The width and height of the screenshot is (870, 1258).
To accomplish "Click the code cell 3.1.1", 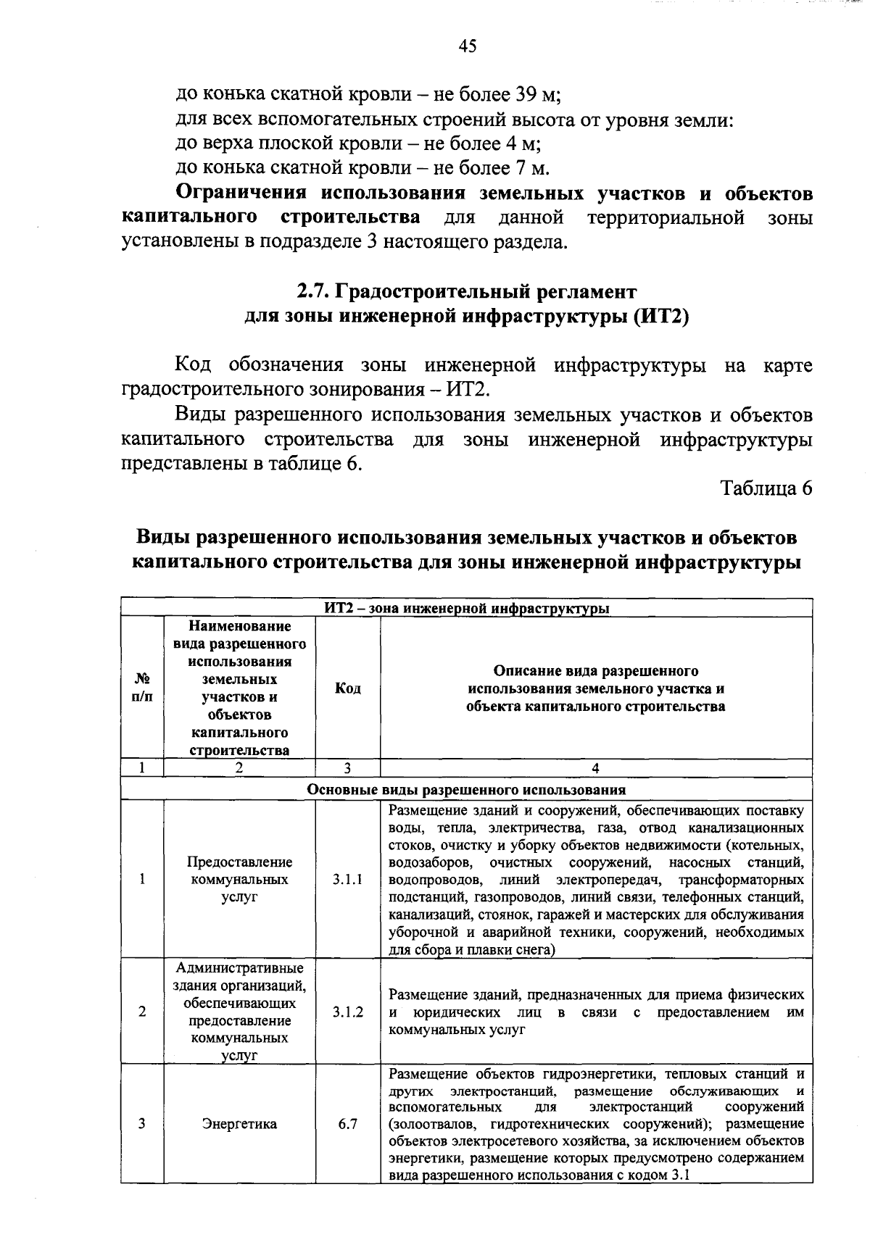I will pyautogui.click(x=347, y=879).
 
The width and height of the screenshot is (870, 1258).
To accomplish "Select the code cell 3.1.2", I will pyautogui.click(x=347, y=1012).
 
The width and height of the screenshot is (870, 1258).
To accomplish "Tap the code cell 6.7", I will pyautogui.click(x=347, y=1124).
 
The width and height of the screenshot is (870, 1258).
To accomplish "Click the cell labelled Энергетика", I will pyautogui.click(x=239, y=1124).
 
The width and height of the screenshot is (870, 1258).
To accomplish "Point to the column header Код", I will pyautogui.click(x=347, y=688).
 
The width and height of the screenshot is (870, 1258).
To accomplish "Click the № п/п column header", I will pyautogui.click(x=142, y=688).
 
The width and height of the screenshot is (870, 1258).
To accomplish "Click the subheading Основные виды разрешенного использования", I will pyautogui.click(x=466, y=789).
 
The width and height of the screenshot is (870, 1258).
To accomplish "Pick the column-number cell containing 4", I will pyautogui.click(x=595, y=768).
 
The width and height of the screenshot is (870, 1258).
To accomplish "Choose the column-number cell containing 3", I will pyautogui.click(x=347, y=768).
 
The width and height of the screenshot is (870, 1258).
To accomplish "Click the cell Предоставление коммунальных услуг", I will pyautogui.click(x=239, y=879).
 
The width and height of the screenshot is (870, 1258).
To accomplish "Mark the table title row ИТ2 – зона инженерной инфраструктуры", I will pyautogui.click(x=466, y=608).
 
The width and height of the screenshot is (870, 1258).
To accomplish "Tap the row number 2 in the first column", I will pyautogui.click(x=142, y=1012).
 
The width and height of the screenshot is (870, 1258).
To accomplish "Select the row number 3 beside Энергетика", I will pyautogui.click(x=142, y=1124).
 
